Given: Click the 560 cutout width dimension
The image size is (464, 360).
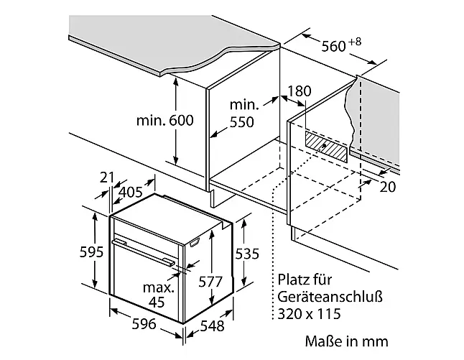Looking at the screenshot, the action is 333,47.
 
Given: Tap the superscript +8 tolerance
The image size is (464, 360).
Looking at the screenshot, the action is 355,42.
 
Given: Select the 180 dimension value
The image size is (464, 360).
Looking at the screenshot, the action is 300,91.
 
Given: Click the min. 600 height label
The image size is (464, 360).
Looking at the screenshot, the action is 164,120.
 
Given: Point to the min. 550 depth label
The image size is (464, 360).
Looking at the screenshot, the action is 242,114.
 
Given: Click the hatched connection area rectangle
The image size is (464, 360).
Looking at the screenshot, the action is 326,147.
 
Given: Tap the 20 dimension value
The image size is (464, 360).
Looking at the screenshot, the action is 387,187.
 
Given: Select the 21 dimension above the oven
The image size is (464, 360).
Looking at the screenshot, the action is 107,177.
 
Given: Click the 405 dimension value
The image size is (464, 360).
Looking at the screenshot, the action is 131,193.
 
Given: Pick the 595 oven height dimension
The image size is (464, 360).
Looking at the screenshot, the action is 91,252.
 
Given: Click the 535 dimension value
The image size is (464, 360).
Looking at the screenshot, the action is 247,254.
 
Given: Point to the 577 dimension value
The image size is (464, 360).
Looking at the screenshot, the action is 210,282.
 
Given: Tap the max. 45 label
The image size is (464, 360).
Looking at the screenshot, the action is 158,295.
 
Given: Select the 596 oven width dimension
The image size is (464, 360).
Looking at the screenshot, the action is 144,323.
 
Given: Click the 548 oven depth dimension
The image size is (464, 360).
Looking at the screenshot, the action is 212,326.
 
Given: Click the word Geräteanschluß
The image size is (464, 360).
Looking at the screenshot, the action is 330,297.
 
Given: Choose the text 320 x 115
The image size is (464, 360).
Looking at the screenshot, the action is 309,314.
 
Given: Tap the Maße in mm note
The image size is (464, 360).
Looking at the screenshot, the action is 346,341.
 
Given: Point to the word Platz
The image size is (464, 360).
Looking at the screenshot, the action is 291,280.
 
